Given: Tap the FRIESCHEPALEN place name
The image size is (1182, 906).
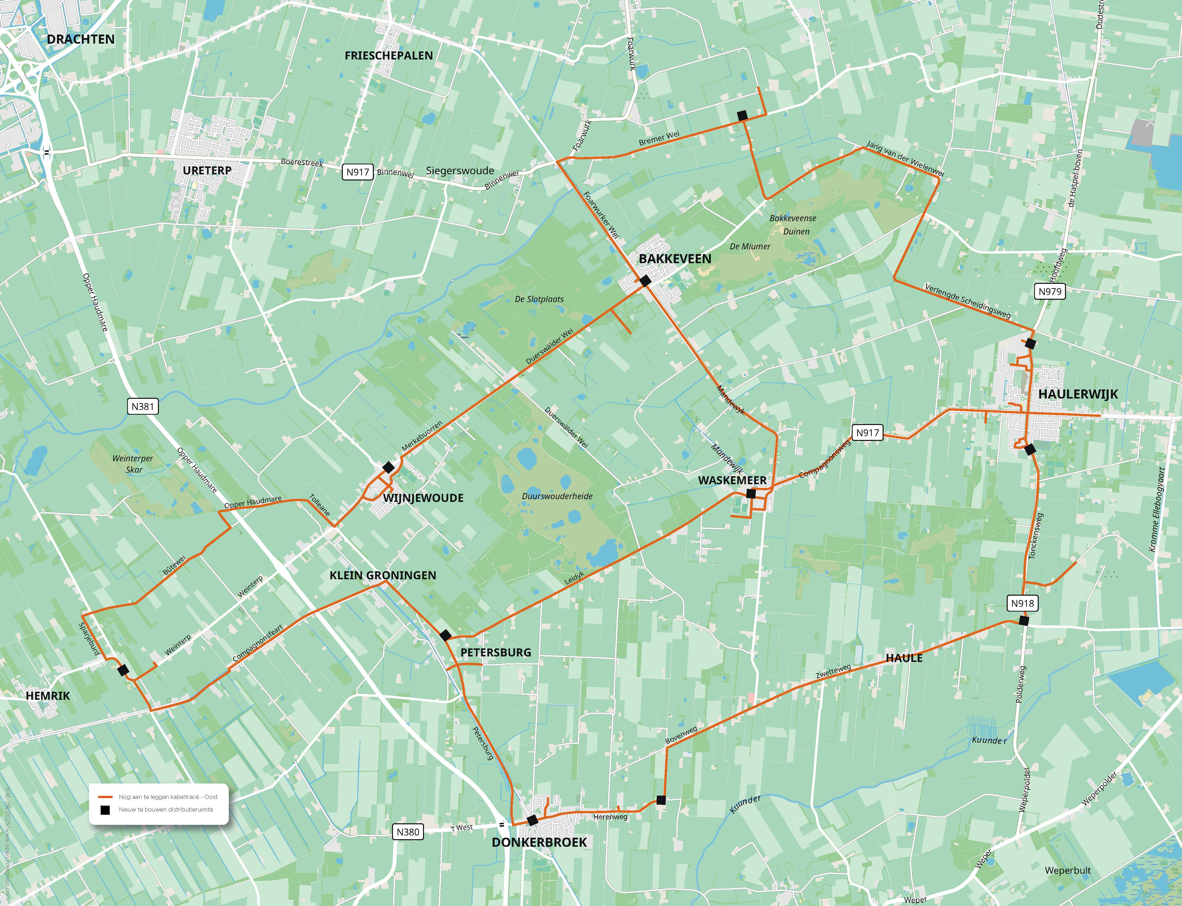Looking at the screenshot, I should tap(388, 55).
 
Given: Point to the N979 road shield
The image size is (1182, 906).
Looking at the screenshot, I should tap(1050, 291).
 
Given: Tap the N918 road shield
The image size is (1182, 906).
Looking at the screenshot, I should tap(1022, 603).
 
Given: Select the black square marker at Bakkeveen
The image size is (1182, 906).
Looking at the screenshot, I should tap(645, 280).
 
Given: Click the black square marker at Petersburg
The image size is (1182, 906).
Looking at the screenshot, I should tap(445, 635).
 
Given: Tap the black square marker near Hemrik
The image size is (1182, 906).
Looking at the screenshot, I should tap(123, 670).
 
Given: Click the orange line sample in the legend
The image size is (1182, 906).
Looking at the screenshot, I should tap(105, 797).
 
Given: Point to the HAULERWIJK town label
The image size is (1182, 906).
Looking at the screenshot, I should tap(1078, 394).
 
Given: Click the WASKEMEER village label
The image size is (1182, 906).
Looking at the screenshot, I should tap(732, 480).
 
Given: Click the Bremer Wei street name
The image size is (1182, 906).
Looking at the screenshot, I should tap(659, 139).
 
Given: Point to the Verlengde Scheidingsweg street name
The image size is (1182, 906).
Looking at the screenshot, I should tap(967, 300).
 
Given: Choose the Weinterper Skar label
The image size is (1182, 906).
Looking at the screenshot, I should tap(133, 464).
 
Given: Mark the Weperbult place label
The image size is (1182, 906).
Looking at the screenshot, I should tap(1068, 870).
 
